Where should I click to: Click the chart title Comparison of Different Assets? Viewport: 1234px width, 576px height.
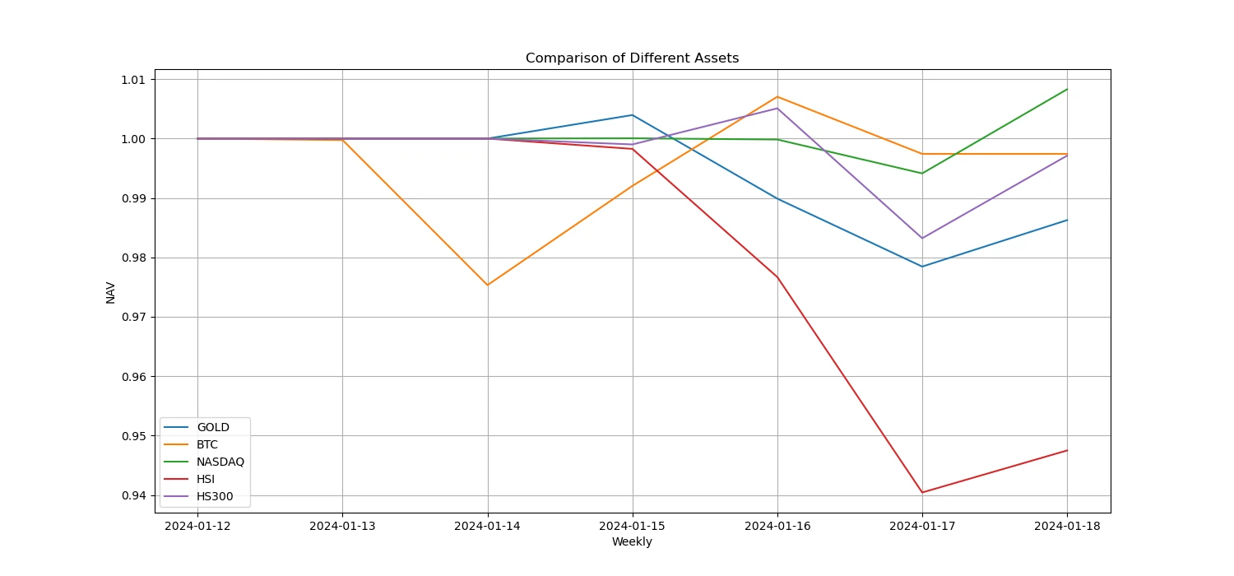pos(632,58)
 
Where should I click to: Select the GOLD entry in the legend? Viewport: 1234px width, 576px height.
pos(212,427)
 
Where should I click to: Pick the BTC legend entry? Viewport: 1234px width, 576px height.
pos(207,444)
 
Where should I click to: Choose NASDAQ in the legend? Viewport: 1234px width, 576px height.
pos(220,462)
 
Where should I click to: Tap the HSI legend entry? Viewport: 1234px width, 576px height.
pos(206,479)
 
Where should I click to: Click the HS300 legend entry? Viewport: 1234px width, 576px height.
pos(215,496)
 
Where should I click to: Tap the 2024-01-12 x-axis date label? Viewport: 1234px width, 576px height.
pos(197,525)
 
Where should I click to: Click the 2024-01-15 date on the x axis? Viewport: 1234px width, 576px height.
pos(632,525)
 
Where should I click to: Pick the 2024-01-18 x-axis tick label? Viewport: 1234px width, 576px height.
pos(1067,525)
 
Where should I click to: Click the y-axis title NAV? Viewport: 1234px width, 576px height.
pos(111,292)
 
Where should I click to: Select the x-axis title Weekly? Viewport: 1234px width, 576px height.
pos(632,541)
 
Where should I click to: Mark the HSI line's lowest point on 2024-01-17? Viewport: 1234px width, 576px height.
pos(922,492)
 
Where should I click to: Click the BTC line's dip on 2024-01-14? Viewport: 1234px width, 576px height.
pos(488,285)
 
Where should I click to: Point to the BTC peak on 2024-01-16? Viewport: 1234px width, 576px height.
pos(777,97)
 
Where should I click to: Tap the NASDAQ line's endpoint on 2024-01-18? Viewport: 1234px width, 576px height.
pos(1067,89)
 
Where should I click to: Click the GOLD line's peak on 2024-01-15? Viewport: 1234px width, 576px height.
pos(632,115)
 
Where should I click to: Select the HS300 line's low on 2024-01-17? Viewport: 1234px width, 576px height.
pos(922,238)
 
